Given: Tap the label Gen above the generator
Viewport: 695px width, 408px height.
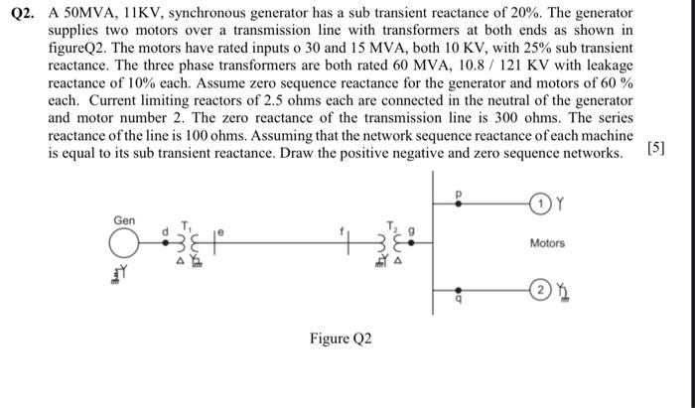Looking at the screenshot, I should tap(124, 219).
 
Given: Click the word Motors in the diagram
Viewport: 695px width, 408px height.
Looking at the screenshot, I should tap(547, 243).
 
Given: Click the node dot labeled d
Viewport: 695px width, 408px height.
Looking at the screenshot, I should tap(166, 241).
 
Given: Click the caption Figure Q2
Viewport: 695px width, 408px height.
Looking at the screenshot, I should tap(340, 340).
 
